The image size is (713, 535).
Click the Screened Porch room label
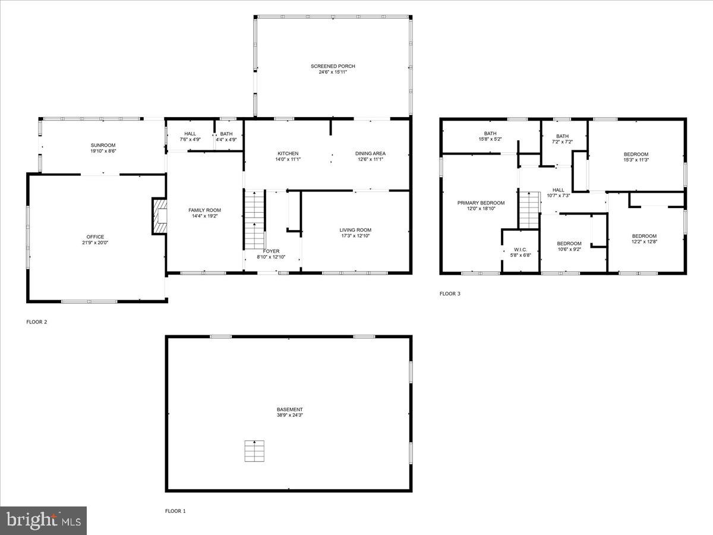coord(333,66)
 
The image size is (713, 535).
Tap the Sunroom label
coord(103,145)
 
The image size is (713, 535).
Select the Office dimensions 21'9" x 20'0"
coord(95,243)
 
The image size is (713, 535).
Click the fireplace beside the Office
coord(159,216)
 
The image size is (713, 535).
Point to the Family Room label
coord(204,210)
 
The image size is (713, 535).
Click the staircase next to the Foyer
coord(254,219)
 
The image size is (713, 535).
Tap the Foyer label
coord(271,251)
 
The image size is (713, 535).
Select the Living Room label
coord(355,230)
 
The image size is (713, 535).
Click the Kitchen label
coord(288,153)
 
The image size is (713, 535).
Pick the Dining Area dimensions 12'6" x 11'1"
coord(371,159)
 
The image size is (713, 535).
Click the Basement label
coord(289,410)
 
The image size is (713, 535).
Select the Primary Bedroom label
coord(481,203)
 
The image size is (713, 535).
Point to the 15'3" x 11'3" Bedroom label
coord(635,154)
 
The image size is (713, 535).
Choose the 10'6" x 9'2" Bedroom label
coord(569,244)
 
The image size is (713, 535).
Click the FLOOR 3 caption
coord(450,294)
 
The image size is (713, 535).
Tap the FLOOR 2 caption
coord(36,322)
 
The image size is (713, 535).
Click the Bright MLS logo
coord(43,521)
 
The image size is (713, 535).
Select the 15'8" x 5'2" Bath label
coord(490,134)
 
